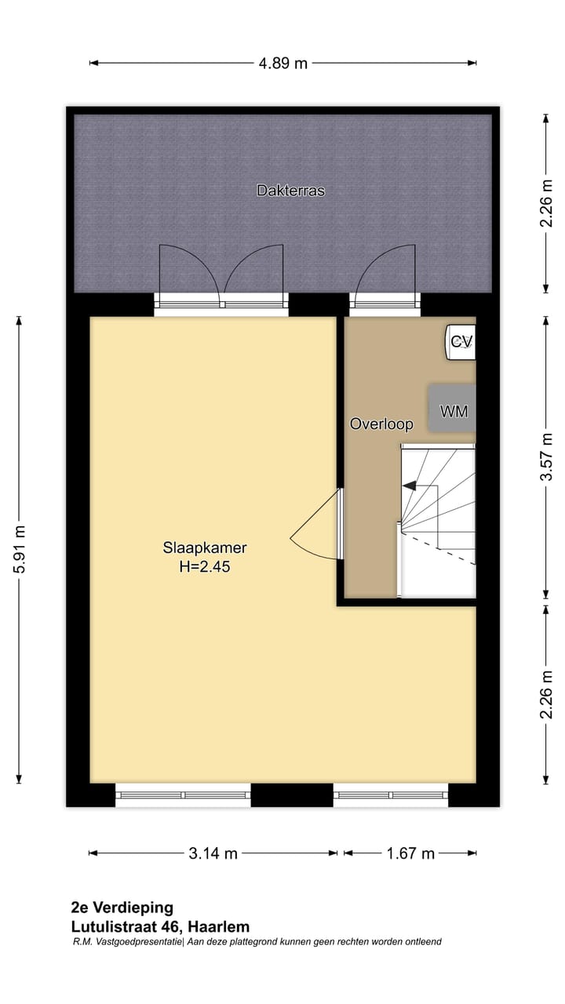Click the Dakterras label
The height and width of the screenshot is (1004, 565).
pos(290,191)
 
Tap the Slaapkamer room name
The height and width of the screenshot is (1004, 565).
pos(205,547)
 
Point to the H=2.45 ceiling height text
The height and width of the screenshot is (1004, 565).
pos(205,565)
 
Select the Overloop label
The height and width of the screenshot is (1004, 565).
pos(381,424)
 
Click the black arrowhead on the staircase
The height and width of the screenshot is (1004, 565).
pos(409,486)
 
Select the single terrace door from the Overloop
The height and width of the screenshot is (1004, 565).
pos(385,275)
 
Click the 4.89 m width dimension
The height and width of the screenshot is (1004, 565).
pos(283,64)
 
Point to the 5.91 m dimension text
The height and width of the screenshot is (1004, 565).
pos(20,550)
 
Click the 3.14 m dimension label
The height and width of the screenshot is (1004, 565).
pos(213,853)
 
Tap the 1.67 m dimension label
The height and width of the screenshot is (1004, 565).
pos(410,853)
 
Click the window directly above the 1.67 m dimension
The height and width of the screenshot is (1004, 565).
pos(391,795)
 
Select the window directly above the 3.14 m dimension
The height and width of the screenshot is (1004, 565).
pos(184,795)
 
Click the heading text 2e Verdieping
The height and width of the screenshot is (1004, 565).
pos(122,908)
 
